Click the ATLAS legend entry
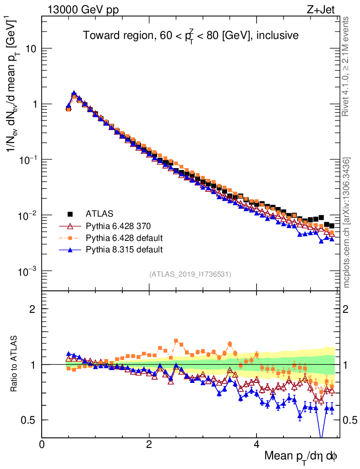point(99,213)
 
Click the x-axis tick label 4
point(256,444)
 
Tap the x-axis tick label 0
point(42,444)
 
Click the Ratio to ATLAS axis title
point(15,364)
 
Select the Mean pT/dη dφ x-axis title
point(300,456)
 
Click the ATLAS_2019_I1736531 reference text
point(190,274)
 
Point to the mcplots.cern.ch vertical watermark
point(347,222)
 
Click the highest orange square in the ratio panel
point(176,341)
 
